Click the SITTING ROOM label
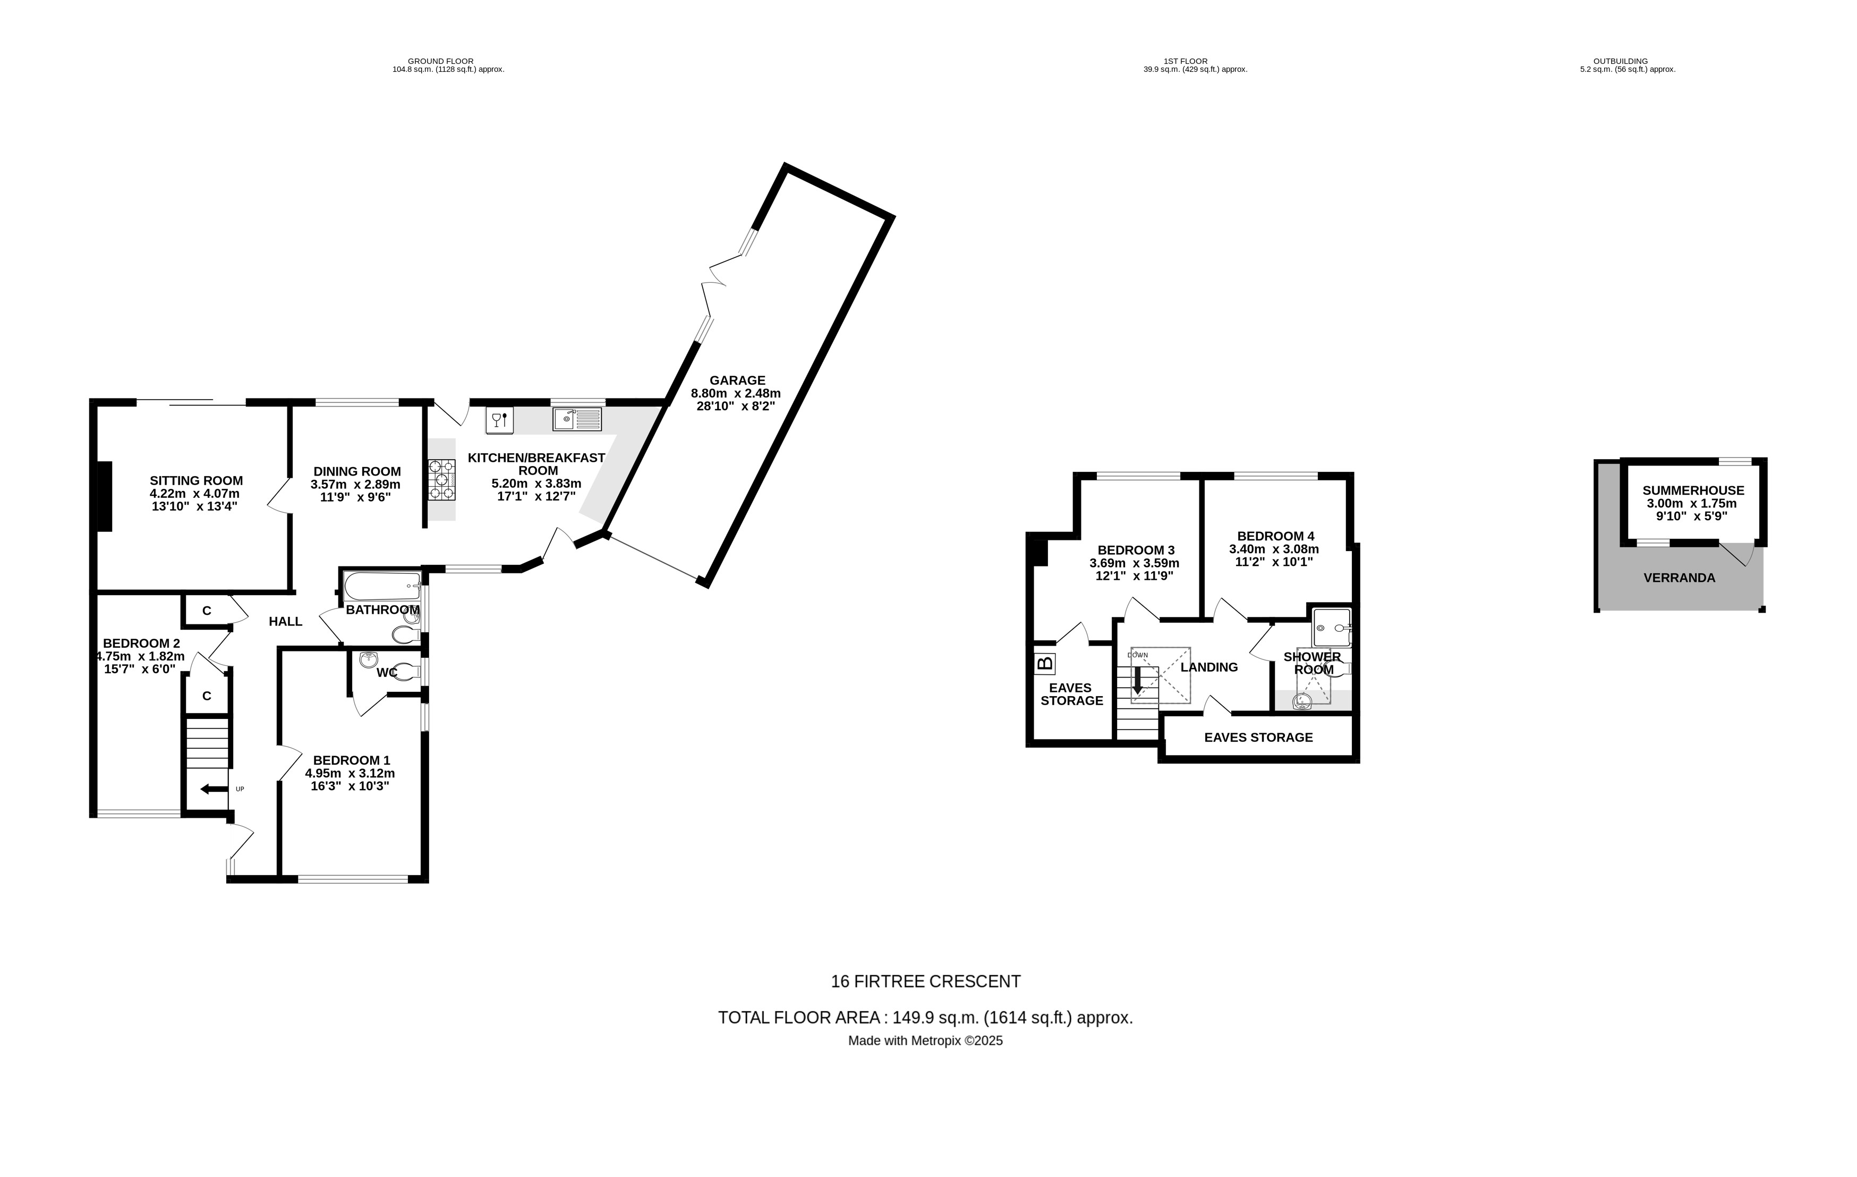[x=196, y=480]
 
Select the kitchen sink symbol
[x=577, y=419]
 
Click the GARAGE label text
[x=737, y=380]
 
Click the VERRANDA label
[x=1679, y=578]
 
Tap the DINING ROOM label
[x=357, y=472]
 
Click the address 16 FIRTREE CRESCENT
[x=925, y=982]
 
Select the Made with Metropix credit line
[x=925, y=1040]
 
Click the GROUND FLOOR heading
[x=440, y=61]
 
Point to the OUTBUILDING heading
[x=1620, y=61]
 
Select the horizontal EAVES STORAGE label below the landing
[x=1258, y=738]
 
